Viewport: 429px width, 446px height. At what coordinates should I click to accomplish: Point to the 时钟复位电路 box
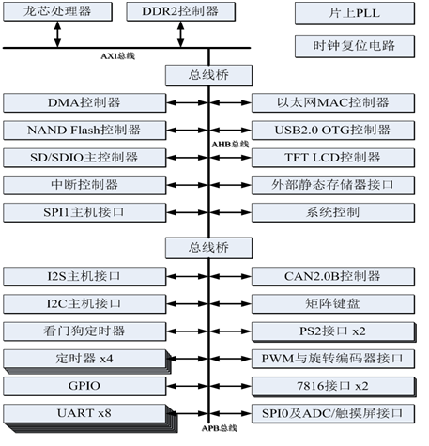[355, 46]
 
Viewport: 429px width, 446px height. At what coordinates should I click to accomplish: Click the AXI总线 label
[119, 55]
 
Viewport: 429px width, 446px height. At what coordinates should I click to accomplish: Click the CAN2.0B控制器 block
[334, 276]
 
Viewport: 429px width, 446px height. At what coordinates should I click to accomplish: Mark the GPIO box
[83, 386]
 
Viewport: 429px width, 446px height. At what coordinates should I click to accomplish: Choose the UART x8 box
[83, 413]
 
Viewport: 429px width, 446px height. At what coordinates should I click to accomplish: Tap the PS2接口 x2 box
[334, 331]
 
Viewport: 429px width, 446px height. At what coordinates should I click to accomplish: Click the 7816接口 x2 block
[334, 386]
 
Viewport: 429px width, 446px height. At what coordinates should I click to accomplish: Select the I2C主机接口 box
[83, 303]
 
